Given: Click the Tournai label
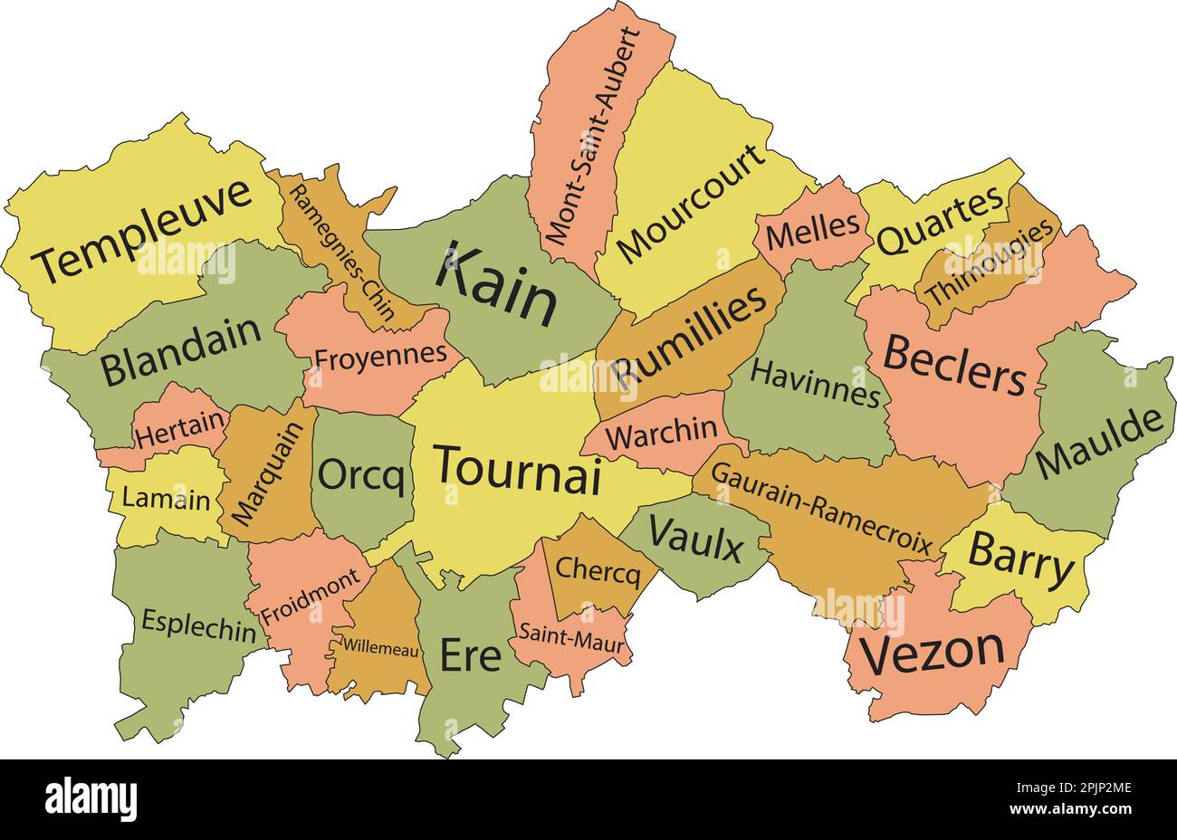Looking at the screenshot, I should point(517,469).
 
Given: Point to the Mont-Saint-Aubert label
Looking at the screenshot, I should point(593,136).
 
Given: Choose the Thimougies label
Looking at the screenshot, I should point(991,262).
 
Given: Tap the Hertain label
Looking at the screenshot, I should point(181,428).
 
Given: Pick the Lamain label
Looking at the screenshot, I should point(166,499).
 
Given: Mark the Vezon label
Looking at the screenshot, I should point(932,652).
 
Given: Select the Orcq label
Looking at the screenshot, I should point(361,475).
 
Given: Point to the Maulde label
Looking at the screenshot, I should point(1098,444).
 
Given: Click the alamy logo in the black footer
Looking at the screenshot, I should point(91,799).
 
